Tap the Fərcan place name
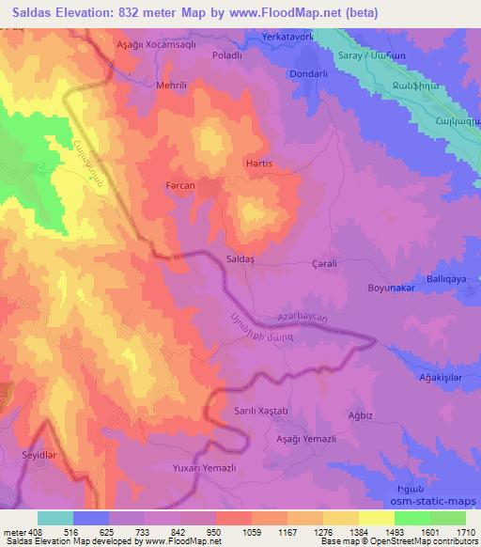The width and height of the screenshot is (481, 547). coord(178,186)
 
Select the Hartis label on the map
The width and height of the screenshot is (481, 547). coord(258,163)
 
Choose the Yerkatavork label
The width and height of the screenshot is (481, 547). coord(287,37)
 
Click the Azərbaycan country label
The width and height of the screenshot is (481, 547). coord(303,320)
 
